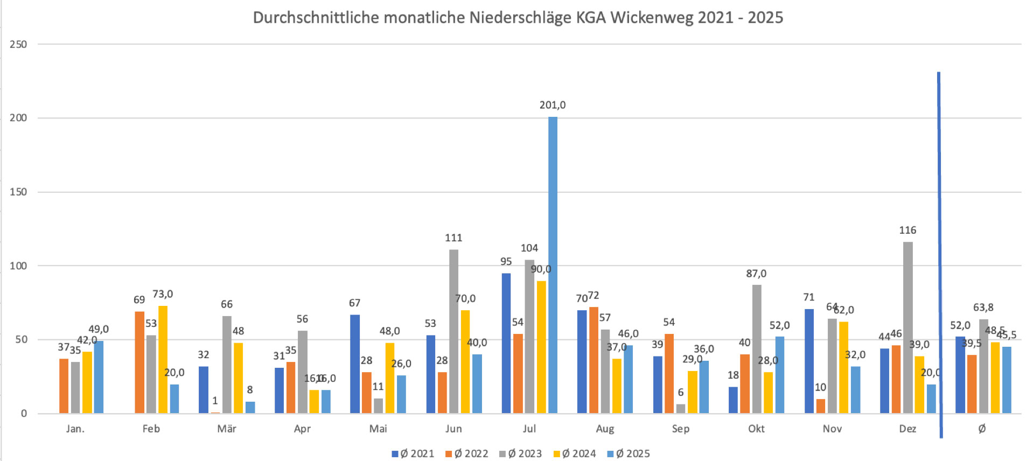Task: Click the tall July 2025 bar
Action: coord(553,264)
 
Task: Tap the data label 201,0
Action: coord(553,105)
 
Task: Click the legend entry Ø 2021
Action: coord(413,453)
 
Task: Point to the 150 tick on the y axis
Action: coord(18,192)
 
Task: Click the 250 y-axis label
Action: coord(18,44)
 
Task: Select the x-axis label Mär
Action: coord(227,429)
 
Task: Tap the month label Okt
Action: coord(756,429)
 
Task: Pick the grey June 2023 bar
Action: coord(453,331)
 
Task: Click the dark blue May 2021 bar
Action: coord(355,364)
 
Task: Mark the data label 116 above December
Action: coord(908,230)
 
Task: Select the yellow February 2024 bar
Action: coord(163,359)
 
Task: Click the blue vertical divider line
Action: coord(940,253)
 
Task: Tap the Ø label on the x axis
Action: coord(982,429)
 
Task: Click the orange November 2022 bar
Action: coord(820,406)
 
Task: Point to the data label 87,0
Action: coord(756,274)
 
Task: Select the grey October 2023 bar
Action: coord(757,349)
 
